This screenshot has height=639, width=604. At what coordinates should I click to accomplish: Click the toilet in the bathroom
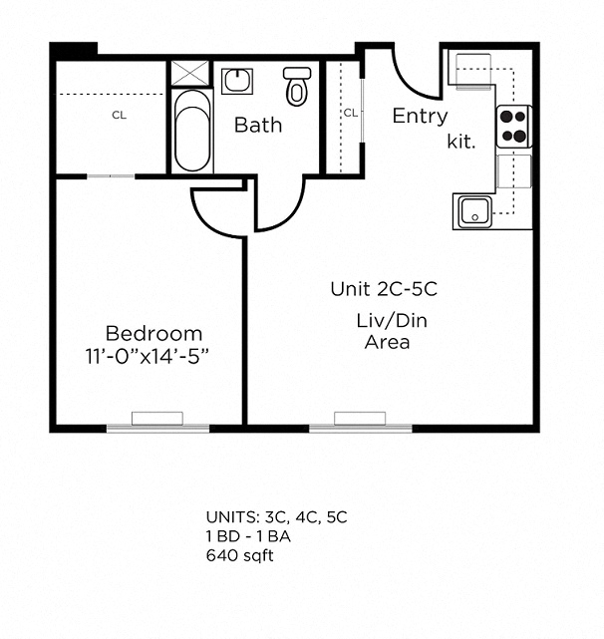click(297, 87)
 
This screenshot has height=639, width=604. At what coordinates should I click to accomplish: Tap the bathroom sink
click(237, 81)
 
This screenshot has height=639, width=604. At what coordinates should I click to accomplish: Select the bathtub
click(192, 131)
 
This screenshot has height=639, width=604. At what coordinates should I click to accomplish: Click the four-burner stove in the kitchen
click(514, 127)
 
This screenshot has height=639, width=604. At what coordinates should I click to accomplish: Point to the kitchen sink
click(474, 211)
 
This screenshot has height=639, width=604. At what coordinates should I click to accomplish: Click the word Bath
click(258, 125)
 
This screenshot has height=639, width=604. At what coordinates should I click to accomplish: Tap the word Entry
click(420, 117)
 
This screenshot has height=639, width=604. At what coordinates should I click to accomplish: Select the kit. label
click(461, 142)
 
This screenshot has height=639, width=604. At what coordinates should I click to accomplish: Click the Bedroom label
click(153, 334)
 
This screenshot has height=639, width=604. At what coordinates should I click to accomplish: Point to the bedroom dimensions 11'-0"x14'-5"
click(148, 356)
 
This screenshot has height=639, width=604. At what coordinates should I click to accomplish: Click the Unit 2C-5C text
click(384, 289)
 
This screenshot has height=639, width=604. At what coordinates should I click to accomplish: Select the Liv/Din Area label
click(392, 331)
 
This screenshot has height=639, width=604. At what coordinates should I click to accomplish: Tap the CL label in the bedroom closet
click(119, 116)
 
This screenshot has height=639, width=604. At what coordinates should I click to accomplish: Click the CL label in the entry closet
click(351, 113)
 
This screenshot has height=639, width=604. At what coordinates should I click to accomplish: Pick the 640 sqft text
click(239, 555)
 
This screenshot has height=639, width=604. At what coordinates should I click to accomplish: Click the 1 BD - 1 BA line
click(248, 536)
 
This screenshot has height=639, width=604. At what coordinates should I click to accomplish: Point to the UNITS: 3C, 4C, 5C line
click(277, 517)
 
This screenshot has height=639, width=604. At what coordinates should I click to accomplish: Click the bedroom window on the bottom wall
click(157, 428)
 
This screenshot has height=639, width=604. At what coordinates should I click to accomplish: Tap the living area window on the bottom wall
click(361, 428)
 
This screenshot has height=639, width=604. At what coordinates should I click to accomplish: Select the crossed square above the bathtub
click(190, 73)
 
